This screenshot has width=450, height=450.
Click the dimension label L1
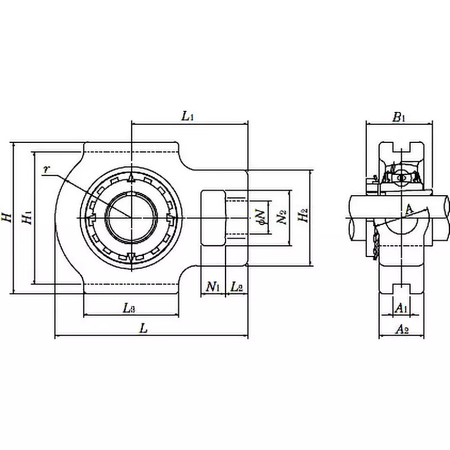[x=187, y=116]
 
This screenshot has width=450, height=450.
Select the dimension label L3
[x=129, y=308]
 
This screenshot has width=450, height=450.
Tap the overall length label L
[x=144, y=329]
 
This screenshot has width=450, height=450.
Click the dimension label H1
[x=26, y=217]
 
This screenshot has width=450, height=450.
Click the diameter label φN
[x=259, y=217]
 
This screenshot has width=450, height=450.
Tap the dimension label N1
[x=212, y=287]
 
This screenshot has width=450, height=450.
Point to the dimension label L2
[x=237, y=287]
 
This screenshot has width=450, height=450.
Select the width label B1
[x=399, y=117]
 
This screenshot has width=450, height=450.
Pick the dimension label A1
[x=400, y=308]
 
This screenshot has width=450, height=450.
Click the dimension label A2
[x=401, y=329]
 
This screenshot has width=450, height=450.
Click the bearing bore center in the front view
[x=130, y=217]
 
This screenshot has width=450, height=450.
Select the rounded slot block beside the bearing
[x=214, y=217]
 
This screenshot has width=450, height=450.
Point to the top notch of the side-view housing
[x=400, y=147]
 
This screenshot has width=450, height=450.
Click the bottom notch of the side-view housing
[x=400, y=287]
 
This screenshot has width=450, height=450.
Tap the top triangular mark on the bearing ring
[x=130, y=178]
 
